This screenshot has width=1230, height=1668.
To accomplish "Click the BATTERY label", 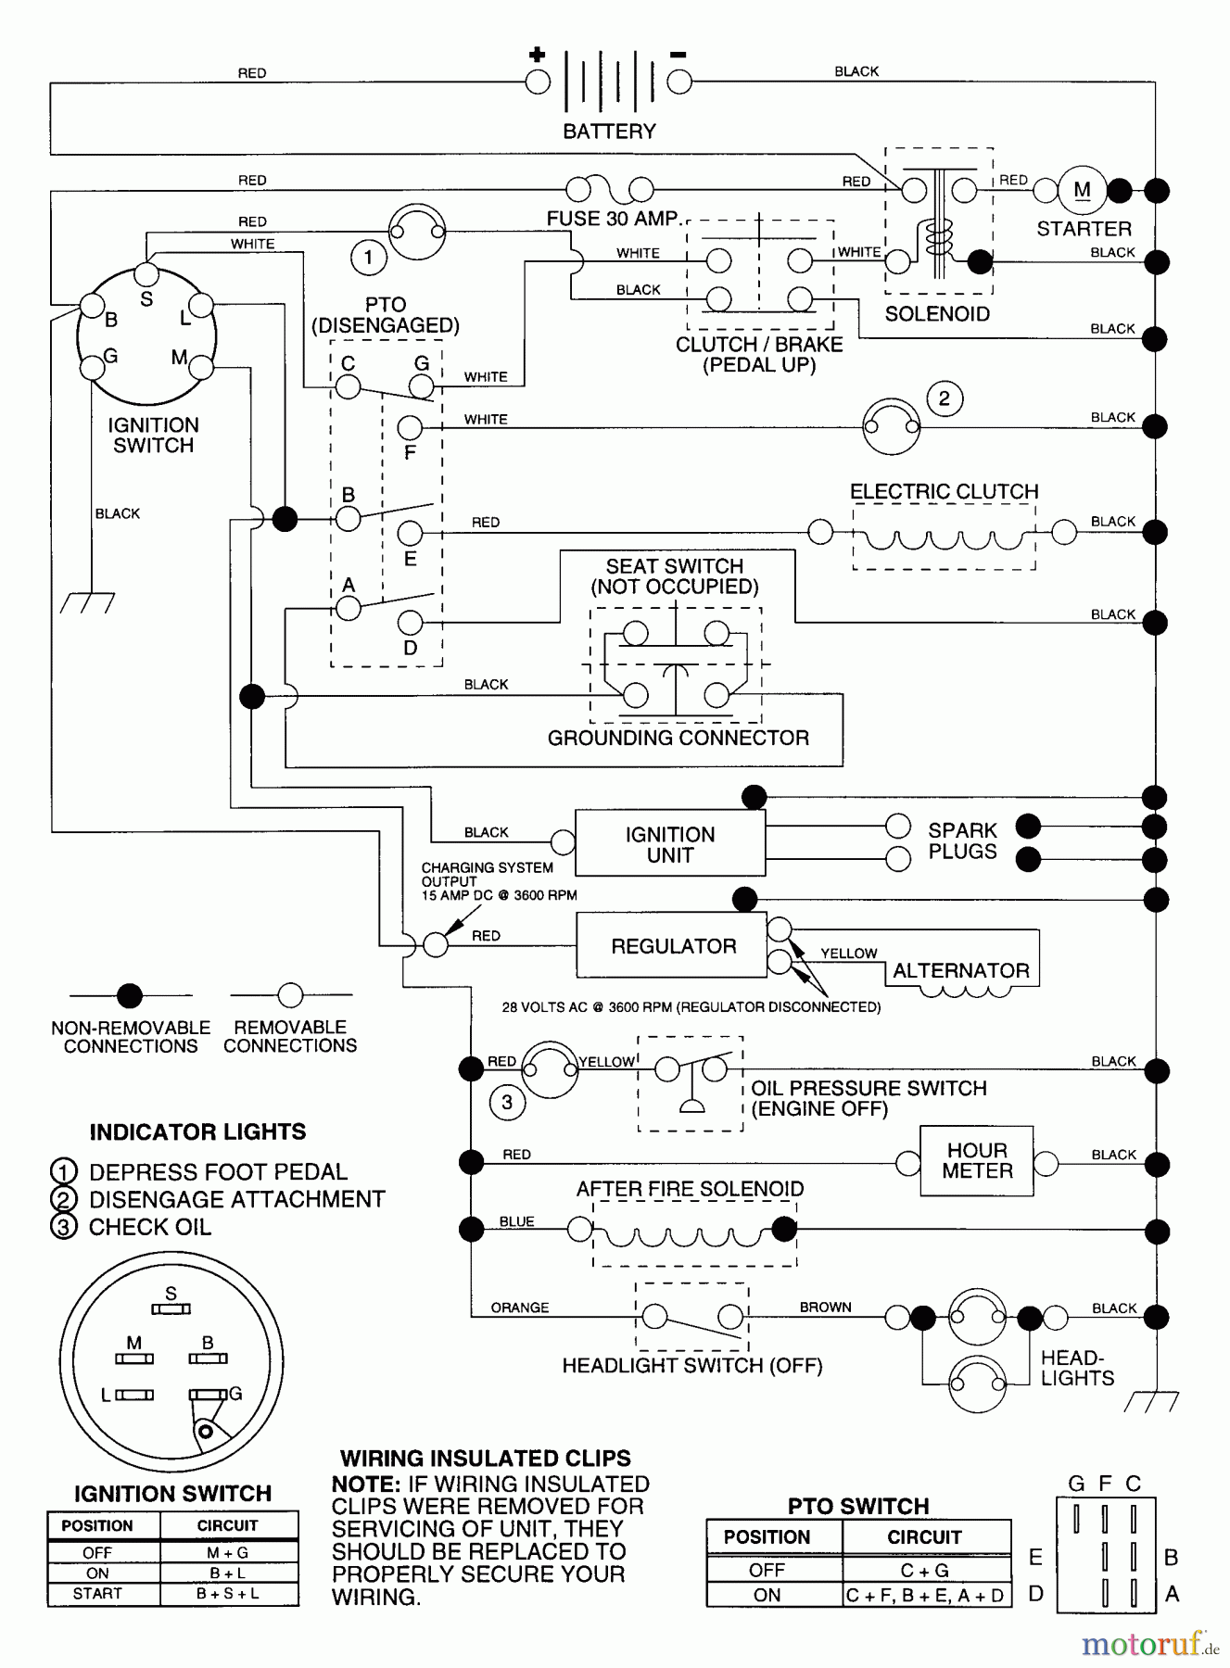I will coord(609,132).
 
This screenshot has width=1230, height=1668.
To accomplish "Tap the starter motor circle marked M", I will coord(1082,190).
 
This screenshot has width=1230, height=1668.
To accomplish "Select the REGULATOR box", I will coord(672,946).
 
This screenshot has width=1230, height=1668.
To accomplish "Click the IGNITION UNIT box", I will coord(669,844).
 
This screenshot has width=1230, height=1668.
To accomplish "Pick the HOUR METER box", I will coord(976,1161).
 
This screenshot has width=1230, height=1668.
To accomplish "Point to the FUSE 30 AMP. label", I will coord(613,220).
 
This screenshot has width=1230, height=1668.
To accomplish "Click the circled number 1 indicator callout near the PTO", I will coord(368,257).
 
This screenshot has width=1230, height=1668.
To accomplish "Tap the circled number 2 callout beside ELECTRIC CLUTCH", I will coord(944,399).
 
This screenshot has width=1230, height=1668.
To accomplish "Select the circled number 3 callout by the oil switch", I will coord(506,1102).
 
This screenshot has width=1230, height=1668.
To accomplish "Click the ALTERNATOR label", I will coord(960,971).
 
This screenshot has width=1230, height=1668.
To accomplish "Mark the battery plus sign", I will coord(537,55).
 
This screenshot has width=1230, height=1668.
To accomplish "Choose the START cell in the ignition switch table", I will coord(97,1594).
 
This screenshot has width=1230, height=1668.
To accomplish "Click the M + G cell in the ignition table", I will coord(227,1552).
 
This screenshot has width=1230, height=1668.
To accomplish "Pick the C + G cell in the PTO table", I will coord(924,1570).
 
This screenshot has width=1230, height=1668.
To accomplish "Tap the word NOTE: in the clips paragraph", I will coord(366,1485).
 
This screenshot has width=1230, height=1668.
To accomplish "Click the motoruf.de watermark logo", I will coord(1148,1643).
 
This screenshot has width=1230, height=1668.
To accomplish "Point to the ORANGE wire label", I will coord(519,1308).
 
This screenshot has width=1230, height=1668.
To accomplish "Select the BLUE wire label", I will coord(516,1221).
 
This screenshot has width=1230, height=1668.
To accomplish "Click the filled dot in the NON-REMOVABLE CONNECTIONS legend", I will coord(130,996).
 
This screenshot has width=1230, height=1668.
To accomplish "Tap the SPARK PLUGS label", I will coord(962,840).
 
